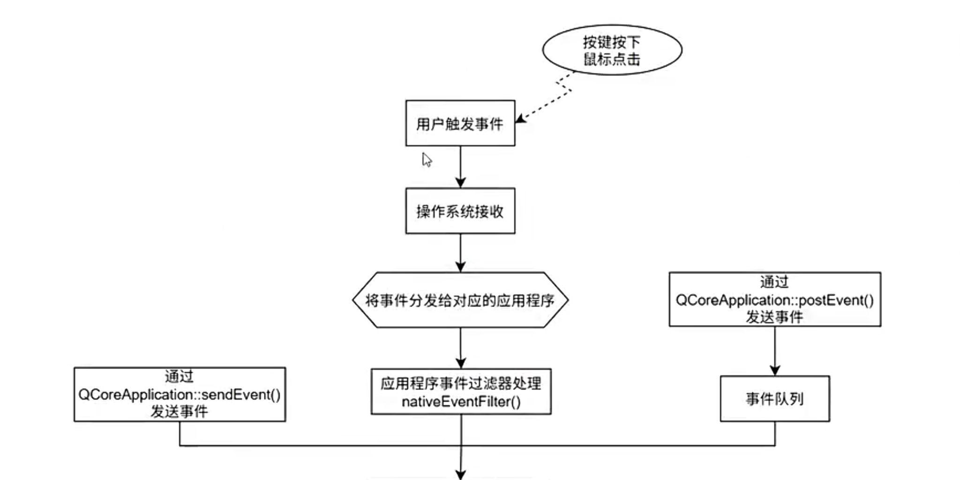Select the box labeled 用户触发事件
pyautogui.click(x=460, y=123)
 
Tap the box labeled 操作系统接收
pyautogui.click(x=460, y=211)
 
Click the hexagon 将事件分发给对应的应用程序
pyautogui.click(x=460, y=300)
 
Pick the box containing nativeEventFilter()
pyautogui.click(x=461, y=392)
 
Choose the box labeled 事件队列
pyautogui.click(x=774, y=399)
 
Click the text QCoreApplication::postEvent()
pyautogui.click(x=774, y=300)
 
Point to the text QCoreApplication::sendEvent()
pyautogui.click(x=180, y=395)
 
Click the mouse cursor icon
pyautogui.click(x=427, y=160)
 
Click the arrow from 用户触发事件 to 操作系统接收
pyautogui.click(x=460, y=166)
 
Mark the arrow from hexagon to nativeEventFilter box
pyautogui.click(x=460, y=347)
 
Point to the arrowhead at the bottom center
pyautogui.click(x=461, y=474)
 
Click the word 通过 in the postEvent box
pyautogui.click(x=774, y=282)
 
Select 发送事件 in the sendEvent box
pyautogui.click(x=180, y=412)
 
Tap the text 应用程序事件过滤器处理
pyautogui.click(x=461, y=383)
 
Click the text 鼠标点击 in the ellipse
pyautogui.click(x=612, y=60)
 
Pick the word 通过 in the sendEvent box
pyautogui.click(x=180, y=376)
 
